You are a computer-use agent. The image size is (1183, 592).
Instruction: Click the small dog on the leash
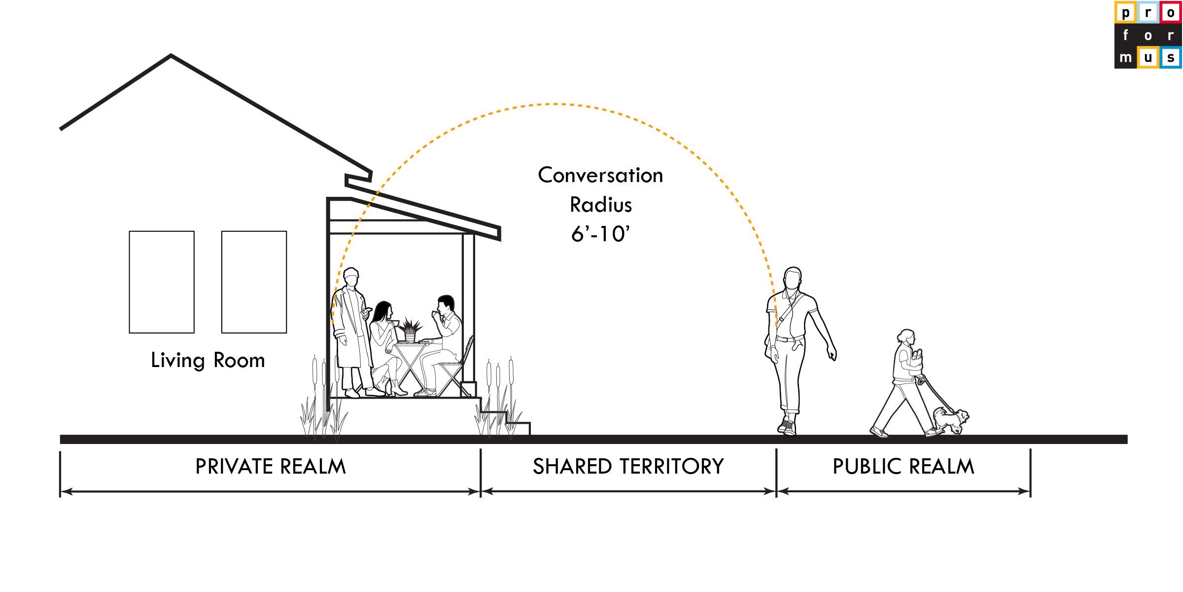click(x=951, y=420)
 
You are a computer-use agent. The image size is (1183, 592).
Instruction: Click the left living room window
click(x=162, y=282)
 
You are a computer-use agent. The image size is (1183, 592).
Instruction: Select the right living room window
click(x=254, y=282)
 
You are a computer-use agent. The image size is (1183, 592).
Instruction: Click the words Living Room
click(x=208, y=361)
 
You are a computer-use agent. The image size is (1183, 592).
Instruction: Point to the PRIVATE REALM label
click(x=271, y=467)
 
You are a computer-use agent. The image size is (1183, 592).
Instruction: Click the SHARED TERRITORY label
click(x=628, y=467)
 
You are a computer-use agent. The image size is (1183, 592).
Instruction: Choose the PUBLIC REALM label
click(x=903, y=467)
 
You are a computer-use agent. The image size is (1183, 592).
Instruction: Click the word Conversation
click(x=600, y=176)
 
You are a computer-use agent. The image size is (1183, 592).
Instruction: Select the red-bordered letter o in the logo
click(x=1171, y=12)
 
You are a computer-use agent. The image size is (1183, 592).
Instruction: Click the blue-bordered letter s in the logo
click(x=1171, y=57)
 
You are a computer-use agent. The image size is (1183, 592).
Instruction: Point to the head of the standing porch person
click(x=351, y=278)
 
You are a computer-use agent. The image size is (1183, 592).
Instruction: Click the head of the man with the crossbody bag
click(x=793, y=278)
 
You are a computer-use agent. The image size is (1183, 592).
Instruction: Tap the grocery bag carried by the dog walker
click(x=916, y=359)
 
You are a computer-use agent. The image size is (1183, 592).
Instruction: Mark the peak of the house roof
click(x=171, y=55)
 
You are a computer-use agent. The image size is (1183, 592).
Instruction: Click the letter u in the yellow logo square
click(x=1148, y=57)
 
